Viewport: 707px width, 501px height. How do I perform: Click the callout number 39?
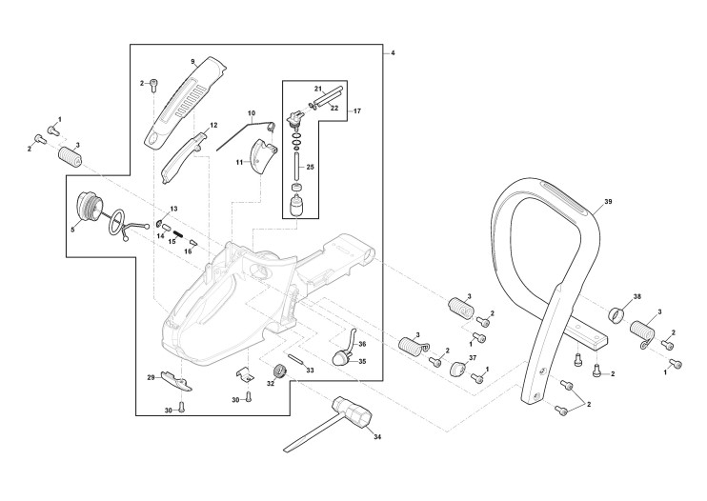(608, 203)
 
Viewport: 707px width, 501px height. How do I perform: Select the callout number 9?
(192, 61)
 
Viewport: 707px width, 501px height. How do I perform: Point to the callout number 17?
(357, 111)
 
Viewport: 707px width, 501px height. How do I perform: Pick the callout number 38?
(636, 295)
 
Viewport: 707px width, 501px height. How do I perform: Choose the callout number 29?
(151, 378)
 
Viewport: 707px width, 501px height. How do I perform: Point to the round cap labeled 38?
(616, 313)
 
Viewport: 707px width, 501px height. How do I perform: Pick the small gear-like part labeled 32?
(281, 371)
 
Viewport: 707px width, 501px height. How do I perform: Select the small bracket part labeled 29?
(174, 380)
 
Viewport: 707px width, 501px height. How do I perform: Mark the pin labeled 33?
(298, 360)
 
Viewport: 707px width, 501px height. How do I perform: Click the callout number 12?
(213, 125)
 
